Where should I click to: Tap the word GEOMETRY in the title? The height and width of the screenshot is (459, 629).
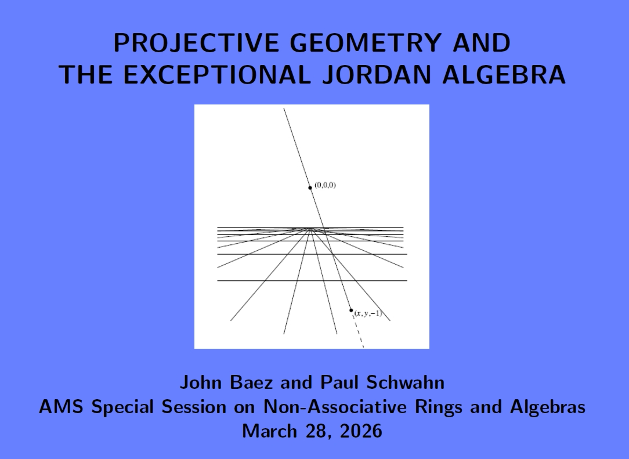tap(365, 42)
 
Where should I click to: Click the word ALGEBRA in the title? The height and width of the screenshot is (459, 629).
tap(504, 75)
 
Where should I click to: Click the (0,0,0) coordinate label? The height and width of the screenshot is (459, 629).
tap(325, 185)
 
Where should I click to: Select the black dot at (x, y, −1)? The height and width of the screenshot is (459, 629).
tap(351, 310)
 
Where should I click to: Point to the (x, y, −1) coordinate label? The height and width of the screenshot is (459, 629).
tap(368, 313)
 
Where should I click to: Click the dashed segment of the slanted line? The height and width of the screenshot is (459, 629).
tap(358, 330)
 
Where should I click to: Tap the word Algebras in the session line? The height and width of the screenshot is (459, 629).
tap(548, 407)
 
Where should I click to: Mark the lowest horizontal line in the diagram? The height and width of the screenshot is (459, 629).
tap(312, 280)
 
